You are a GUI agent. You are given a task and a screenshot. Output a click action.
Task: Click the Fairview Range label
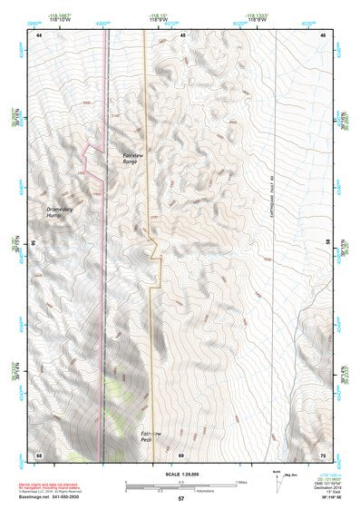(134, 160)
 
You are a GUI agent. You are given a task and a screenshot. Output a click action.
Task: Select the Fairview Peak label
(151, 438)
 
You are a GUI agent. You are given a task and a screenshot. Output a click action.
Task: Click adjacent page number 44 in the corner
(40, 34)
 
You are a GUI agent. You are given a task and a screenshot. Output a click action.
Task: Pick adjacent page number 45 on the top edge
(182, 34)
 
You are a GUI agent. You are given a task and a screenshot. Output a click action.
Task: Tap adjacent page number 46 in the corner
(325, 34)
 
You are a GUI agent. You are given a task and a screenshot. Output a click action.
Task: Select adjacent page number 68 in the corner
(40, 454)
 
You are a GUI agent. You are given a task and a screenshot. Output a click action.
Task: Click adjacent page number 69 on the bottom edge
(181, 454)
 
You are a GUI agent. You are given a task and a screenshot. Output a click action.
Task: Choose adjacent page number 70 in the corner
(325, 454)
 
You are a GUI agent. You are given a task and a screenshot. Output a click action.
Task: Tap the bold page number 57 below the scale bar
(180, 499)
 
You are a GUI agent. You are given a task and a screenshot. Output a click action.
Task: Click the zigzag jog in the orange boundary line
(155, 244)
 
